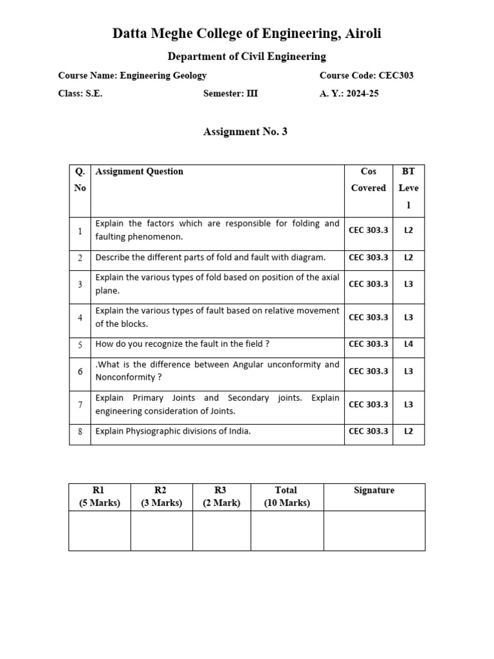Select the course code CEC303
point(396,75)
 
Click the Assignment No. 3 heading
point(245,131)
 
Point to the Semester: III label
point(230,93)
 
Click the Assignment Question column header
point(139,171)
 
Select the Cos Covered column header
point(369,180)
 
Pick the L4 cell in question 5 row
point(408,344)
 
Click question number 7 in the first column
point(80,405)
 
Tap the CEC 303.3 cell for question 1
point(369,230)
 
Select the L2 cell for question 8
point(408,431)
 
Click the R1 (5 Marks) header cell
point(100,497)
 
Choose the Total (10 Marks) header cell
point(286,497)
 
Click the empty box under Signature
point(374,530)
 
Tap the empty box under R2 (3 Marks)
point(161,530)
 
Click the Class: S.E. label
point(80,93)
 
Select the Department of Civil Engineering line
point(246,57)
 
